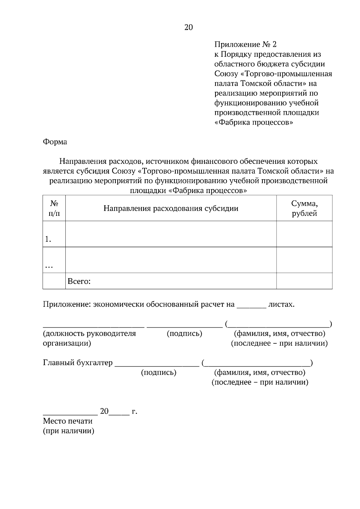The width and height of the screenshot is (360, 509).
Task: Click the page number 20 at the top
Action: pyautogui.click(x=188, y=28)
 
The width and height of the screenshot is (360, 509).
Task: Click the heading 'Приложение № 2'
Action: pyautogui.click(x=245, y=45)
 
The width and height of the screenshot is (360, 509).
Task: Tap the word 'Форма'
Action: pyautogui.click(x=55, y=142)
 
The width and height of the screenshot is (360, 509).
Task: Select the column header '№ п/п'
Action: pyautogui.click(x=54, y=208)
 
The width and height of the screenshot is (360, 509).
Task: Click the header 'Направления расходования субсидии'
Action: pyautogui.click(x=171, y=208)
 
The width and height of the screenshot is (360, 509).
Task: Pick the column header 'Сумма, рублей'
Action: pyautogui.click(x=304, y=208)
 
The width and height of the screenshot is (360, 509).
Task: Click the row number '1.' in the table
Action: pyautogui.click(x=48, y=239)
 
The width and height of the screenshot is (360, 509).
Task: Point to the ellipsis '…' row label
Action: pyautogui.click(x=49, y=266)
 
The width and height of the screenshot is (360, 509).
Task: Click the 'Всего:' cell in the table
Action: pyautogui.click(x=79, y=281)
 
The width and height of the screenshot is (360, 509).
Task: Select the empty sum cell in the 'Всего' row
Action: pyautogui.click(x=304, y=281)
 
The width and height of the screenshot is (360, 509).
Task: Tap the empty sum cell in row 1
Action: pyautogui.click(x=304, y=234)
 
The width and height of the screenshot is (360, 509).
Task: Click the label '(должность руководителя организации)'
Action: pyautogui.click(x=89, y=338)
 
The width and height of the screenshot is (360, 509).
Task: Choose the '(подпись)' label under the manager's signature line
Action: pyautogui.click(x=184, y=333)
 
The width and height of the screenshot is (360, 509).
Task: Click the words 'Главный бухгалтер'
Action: pyautogui.click(x=78, y=363)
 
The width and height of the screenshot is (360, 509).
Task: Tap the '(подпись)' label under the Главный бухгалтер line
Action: pyautogui.click(x=158, y=373)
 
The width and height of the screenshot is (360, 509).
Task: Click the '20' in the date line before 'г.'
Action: pyautogui.click(x=104, y=411)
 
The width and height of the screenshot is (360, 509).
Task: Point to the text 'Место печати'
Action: pyautogui.click(x=67, y=421)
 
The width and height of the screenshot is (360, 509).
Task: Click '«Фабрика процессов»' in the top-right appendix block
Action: pyautogui.click(x=254, y=123)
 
